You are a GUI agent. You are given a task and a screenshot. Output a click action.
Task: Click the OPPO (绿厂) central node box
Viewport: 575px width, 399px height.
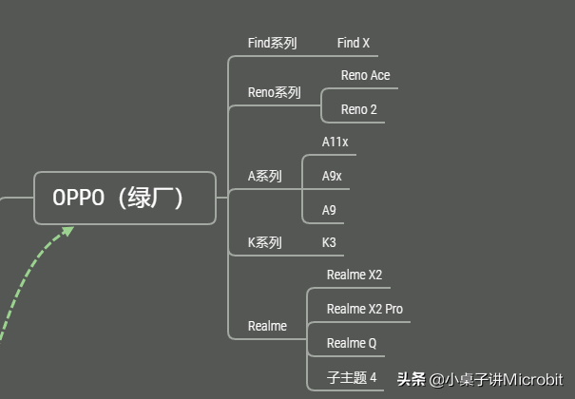click(125, 198)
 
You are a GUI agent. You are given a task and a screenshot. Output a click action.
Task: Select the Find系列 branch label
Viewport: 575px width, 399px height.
click(272, 43)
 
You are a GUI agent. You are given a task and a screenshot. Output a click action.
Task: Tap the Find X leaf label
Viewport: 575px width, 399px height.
click(354, 43)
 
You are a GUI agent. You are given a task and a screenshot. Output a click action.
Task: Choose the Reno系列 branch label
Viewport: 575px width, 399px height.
click(274, 92)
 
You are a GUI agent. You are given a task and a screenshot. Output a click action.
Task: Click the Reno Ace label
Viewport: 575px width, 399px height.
click(365, 75)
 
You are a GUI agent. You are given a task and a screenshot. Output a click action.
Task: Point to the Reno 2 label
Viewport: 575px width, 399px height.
click(359, 109)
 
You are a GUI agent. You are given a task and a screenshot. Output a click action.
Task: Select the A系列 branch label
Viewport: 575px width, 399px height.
click(264, 176)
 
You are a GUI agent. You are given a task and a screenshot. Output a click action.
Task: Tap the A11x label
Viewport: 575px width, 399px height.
click(335, 142)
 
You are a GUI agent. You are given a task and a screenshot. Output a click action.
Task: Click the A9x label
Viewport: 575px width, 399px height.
click(332, 176)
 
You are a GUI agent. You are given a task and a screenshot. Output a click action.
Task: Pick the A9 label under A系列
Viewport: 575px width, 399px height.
click(329, 210)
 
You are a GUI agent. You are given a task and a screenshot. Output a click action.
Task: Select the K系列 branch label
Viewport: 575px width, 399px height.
click(264, 242)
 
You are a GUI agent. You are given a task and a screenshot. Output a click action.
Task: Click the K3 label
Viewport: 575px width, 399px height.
click(329, 242)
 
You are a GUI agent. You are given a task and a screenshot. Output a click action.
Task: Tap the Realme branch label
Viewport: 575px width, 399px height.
click(267, 326)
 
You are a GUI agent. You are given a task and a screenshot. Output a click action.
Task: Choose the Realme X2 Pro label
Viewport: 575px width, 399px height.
click(364, 309)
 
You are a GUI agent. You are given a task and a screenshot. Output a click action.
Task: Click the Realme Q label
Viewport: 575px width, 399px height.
click(352, 343)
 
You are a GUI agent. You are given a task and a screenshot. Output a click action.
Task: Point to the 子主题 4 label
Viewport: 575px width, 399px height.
click(352, 377)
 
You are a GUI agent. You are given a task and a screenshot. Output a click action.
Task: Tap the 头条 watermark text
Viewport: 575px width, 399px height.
click(411, 379)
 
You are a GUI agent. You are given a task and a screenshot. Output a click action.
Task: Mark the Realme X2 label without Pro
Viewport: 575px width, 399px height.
click(354, 275)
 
